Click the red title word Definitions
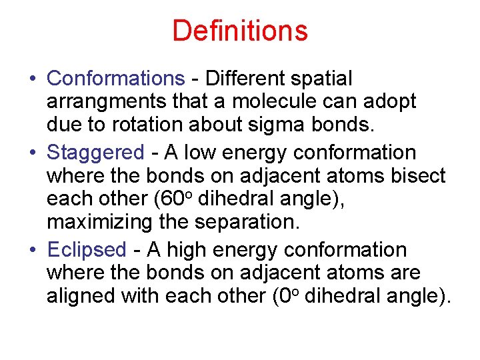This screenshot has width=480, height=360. (240, 31)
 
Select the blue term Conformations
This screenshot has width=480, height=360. (115, 79)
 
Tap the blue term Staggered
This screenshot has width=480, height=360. (95, 153)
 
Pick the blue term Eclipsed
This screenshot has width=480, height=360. (86, 250)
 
